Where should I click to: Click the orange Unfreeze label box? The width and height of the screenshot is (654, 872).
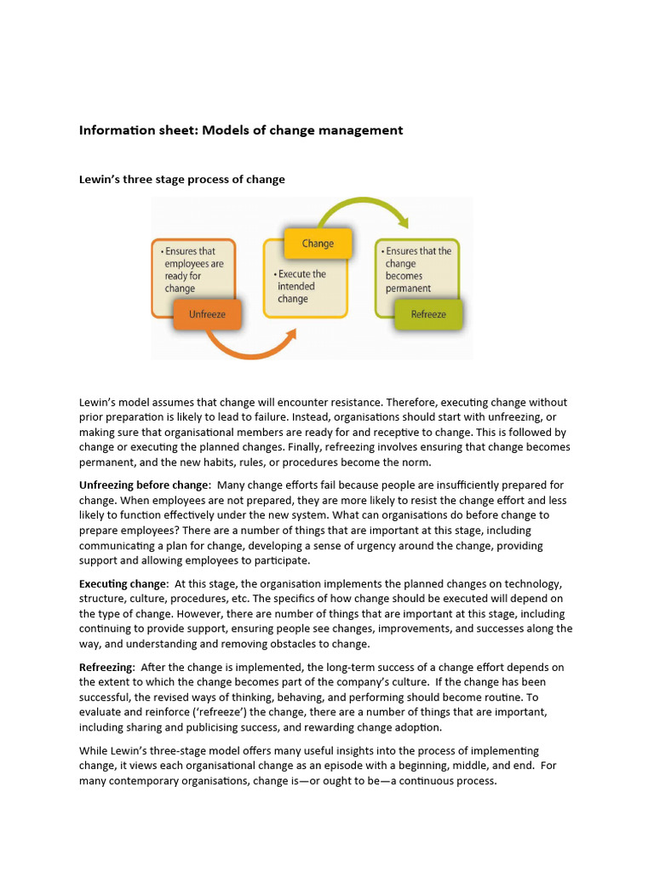click(x=206, y=314)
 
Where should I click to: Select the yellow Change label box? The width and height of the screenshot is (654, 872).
click(x=317, y=244)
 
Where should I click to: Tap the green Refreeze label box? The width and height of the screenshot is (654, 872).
click(x=427, y=314)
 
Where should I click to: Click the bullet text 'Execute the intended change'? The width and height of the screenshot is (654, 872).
click(x=301, y=287)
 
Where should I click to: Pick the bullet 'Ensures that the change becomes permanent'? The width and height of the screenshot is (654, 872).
click(x=417, y=270)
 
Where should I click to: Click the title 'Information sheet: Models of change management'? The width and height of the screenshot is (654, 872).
click(x=241, y=130)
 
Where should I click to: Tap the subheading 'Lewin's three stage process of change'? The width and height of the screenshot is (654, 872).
click(x=182, y=180)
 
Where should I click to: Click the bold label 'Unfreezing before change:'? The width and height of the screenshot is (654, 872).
click(x=145, y=485)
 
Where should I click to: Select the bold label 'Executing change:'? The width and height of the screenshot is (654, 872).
click(x=123, y=584)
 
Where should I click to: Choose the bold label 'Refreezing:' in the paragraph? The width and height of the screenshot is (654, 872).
click(x=107, y=668)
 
